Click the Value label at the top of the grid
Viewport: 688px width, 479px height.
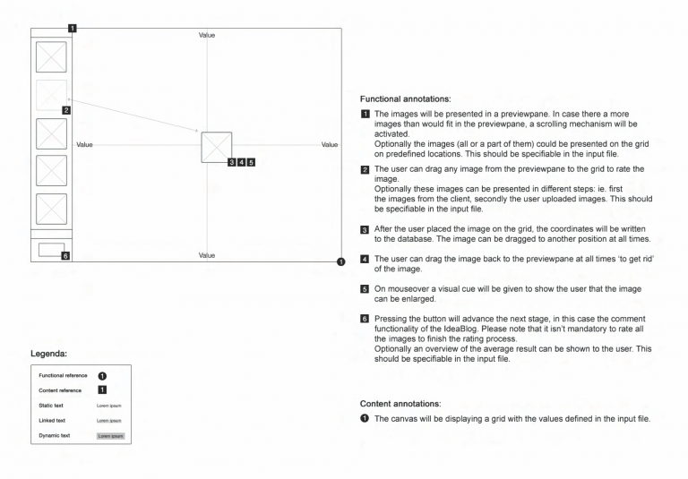[x=207, y=35]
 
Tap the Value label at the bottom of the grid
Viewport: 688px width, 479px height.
[x=207, y=255]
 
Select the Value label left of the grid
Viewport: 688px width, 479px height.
[x=86, y=144]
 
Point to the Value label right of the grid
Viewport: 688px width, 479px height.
[x=330, y=144]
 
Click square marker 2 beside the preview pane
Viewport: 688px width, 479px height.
[x=66, y=109]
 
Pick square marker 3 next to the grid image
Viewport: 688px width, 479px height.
[x=232, y=162]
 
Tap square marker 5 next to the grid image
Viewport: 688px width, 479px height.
[x=252, y=162]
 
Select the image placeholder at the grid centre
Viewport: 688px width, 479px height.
[x=217, y=148]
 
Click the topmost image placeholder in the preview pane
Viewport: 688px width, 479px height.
[x=51, y=57]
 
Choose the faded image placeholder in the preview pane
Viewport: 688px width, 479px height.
[x=51, y=95]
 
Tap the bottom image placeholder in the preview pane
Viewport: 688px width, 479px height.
[x=51, y=208]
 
